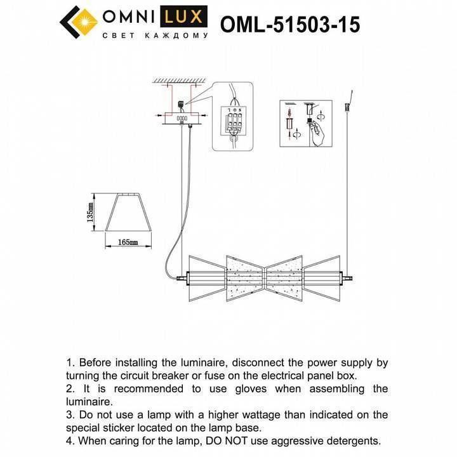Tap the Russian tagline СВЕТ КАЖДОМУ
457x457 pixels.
(x=155, y=37)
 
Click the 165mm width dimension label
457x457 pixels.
(x=128, y=242)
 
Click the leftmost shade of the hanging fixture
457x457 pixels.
(x=208, y=277)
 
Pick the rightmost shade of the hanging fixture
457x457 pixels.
(x=322, y=277)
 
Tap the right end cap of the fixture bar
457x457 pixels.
(x=347, y=277)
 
